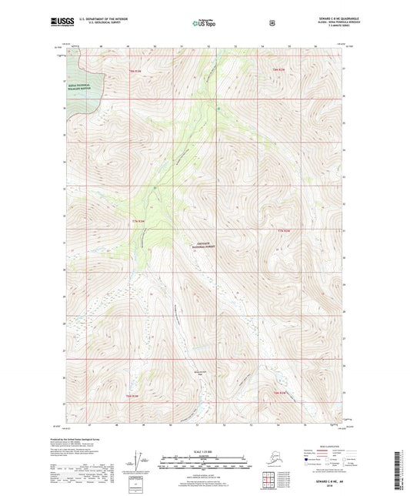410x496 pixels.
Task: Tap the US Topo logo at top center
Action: pyautogui.click(x=204, y=24)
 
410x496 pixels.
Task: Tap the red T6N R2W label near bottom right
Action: pyautogui.click(x=282, y=394)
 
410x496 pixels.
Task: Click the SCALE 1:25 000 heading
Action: pyautogui.click(x=204, y=451)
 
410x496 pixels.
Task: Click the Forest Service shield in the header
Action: pyautogui.click(x=272, y=23)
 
